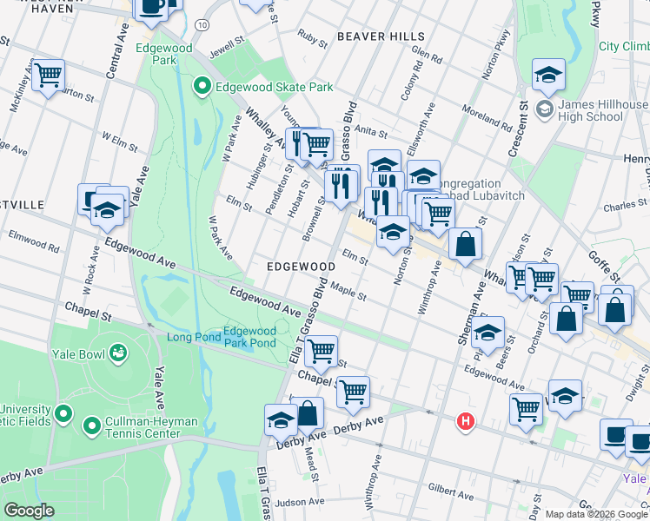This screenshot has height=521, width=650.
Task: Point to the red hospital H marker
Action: tap(467, 422)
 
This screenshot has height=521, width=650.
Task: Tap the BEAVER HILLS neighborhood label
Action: tap(381, 36)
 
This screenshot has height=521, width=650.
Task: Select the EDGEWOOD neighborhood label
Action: tap(301, 267)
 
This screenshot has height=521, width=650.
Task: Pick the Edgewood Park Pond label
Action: tap(249, 336)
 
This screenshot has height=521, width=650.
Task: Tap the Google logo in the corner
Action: tap(29, 511)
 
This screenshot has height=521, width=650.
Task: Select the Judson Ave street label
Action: tap(301, 502)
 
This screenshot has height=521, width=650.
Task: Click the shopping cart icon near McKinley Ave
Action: tap(49, 76)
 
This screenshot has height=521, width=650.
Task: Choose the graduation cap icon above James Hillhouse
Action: tap(548, 76)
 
